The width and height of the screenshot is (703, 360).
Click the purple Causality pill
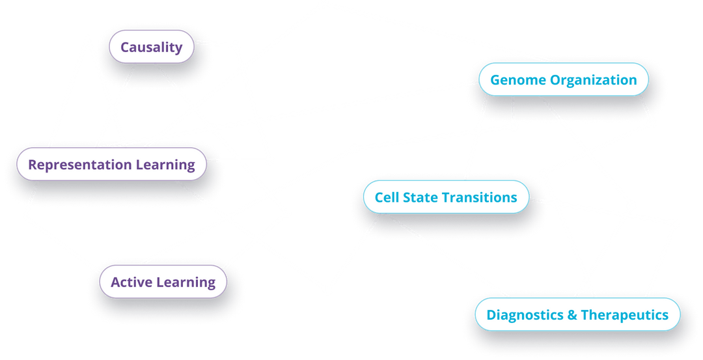[x=152, y=47]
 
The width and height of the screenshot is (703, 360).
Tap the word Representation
[x=80, y=165]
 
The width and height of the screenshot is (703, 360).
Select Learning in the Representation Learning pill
[x=165, y=165]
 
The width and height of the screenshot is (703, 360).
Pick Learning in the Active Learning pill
[x=186, y=283]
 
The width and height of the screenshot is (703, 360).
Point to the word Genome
[x=518, y=80]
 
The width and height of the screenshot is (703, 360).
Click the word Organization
[x=594, y=80]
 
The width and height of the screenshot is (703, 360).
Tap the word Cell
[x=387, y=197]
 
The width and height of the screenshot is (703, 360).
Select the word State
[x=420, y=197]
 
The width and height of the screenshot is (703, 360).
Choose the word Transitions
[x=479, y=197]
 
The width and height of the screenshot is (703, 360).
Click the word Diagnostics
[x=525, y=315]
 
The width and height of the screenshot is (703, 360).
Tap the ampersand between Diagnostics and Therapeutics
[x=572, y=314]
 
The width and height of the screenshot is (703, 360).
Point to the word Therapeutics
[x=625, y=315]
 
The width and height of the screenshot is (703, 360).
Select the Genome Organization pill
[x=564, y=79]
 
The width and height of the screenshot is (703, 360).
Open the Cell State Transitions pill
[x=446, y=197]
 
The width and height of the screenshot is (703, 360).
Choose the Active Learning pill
[x=163, y=281]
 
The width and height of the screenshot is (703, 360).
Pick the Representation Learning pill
[x=112, y=164]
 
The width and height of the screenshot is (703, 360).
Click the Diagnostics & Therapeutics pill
[x=577, y=314]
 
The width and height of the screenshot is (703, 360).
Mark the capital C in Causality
[x=126, y=47]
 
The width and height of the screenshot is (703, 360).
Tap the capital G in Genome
[x=496, y=80]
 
